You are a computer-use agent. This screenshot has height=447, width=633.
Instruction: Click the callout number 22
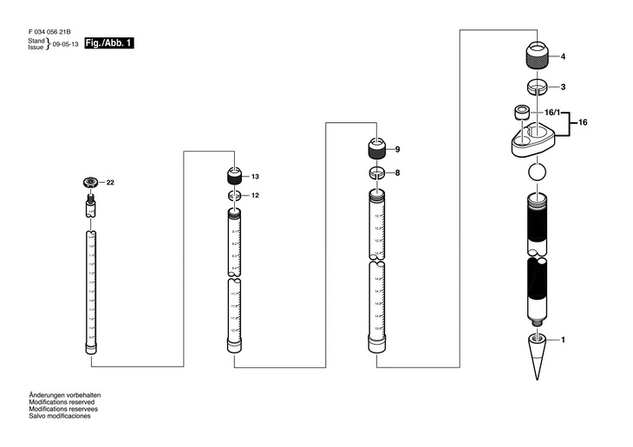pyautogui.click(x=110, y=182)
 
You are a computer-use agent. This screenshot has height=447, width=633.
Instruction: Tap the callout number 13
pyautogui.click(x=256, y=177)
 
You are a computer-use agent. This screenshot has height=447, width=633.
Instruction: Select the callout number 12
pyautogui.click(x=256, y=196)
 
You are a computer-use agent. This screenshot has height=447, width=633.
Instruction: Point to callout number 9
pyautogui.click(x=397, y=150)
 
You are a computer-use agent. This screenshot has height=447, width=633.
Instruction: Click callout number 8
pyautogui.click(x=397, y=173)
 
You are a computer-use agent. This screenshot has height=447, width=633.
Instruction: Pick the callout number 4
pyautogui.click(x=563, y=57)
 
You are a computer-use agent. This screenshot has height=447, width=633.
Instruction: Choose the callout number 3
pyautogui.click(x=563, y=87)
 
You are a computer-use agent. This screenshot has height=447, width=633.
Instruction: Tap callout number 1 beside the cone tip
pyautogui.click(x=563, y=340)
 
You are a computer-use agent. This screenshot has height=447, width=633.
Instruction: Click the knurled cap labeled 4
pyautogui.click(x=538, y=57)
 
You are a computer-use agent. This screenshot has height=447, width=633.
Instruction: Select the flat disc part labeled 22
pyautogui.click(x=89, y=182)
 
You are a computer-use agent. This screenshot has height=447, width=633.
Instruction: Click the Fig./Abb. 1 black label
pyautogui.click(x=109, y=43)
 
